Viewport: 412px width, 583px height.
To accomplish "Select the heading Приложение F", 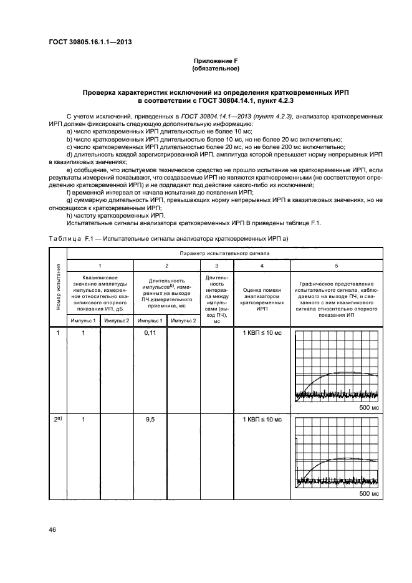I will click(x=215, y=60).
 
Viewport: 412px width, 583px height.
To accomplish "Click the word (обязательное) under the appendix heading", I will click(x=215, y=68).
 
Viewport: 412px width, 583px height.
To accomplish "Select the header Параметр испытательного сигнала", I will click(x=224, y=254).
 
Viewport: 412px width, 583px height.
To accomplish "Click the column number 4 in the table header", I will click(x=262, y=266).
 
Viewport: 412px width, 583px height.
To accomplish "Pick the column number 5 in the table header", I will click(x=337, y=266).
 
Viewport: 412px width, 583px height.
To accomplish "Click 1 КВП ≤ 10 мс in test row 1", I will click(x=262, y=334).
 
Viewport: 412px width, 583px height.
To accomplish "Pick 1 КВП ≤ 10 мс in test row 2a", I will click(x=262, y=420).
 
